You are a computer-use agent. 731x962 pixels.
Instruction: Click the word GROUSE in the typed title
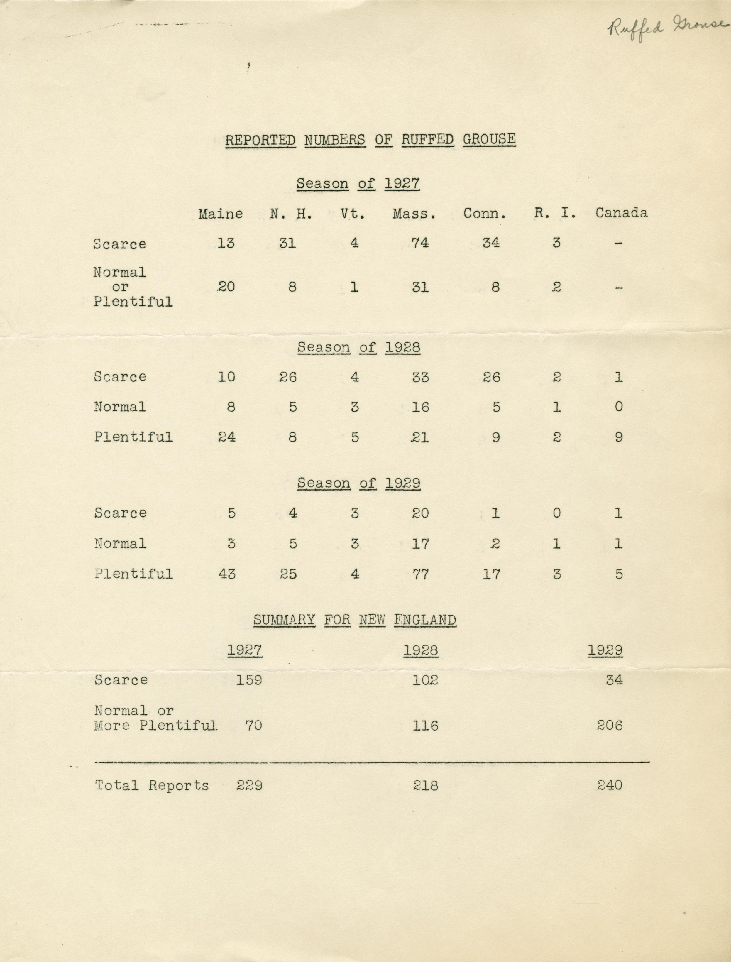[x=489, y=139]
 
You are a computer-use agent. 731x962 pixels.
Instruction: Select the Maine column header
[x=221, y=214]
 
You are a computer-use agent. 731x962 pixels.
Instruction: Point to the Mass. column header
[x=414, y=214]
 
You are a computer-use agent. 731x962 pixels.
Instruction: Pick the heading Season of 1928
[x=359, y=347]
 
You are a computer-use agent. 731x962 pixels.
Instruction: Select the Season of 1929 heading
[x=359, y=483]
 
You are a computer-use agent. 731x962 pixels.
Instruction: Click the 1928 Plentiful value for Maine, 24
[x=227, y=436]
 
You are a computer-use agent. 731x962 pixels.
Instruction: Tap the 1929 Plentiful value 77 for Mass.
[x=420, y=574]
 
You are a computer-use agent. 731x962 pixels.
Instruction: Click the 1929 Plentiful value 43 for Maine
[x=227, y=574]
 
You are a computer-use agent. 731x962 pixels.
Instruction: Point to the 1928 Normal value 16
[x=420, y=407]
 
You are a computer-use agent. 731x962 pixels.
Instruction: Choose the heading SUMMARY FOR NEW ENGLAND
[x=355, y=620]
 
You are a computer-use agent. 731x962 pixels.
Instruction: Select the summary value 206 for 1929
[x=609, y=725]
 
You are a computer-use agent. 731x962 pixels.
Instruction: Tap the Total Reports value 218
[x=425, y=785]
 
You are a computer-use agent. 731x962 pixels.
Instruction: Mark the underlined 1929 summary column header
[x=605, y=650]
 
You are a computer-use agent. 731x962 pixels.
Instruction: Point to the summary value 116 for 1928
[x=425, y=725]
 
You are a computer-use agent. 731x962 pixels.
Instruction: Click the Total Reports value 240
[x=609, y=785]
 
